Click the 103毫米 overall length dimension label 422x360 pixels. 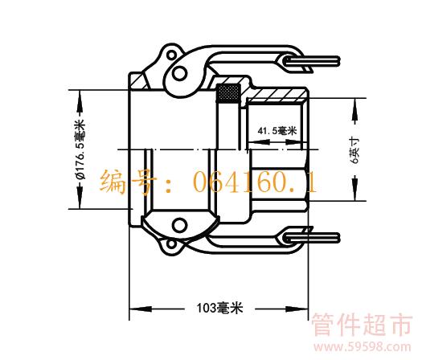coord(219,308)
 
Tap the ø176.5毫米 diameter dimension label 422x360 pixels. coord(80,149)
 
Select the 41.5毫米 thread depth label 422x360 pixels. coord(277,131)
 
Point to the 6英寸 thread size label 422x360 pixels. coord(354,150)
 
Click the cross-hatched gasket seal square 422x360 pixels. coord(229,93)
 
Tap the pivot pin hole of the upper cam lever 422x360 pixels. coord(179,73)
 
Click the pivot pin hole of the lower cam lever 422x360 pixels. coord(179,225)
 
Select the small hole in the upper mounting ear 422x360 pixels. coord(171,55)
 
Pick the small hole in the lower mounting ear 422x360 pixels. coord(171,244)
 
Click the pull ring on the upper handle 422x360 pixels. coord(312,61)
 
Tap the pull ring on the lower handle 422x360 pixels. coord(312,238)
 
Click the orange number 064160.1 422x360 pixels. coord(255,182)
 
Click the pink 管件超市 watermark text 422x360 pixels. coord(363,325)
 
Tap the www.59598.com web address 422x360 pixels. coord(363,347)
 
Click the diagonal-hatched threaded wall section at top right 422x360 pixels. coord(277,94)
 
